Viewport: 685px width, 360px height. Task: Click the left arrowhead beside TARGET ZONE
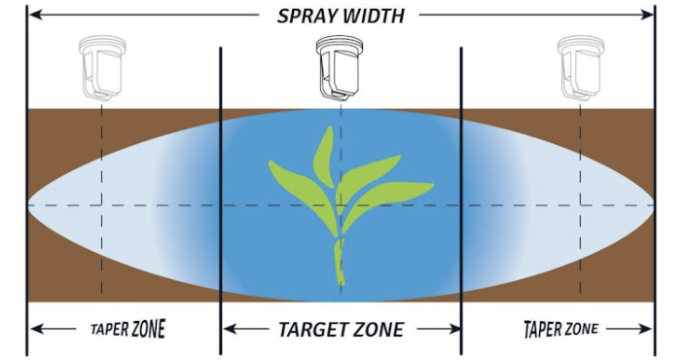(229, 329)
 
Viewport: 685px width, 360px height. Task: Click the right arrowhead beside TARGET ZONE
(454, 329)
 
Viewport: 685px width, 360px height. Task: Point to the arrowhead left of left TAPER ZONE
(35, 329)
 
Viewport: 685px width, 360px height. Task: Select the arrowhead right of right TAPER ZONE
(646, 329)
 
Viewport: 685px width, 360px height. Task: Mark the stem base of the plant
(340, 282)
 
